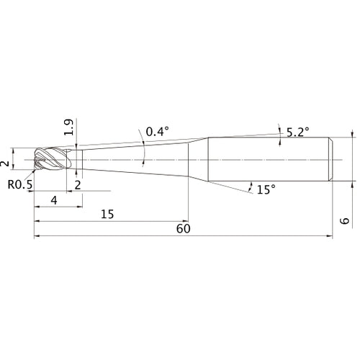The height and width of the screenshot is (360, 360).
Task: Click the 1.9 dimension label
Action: tap(68, 127)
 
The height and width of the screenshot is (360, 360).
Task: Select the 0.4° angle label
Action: tap(158, 132)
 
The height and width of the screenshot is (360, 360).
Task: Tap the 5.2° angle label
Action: tap(298, 132)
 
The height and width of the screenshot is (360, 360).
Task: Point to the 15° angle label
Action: tap(266, 189)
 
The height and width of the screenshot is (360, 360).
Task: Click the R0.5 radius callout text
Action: tap(20, 184)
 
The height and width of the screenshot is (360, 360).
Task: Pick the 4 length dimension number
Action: tap(54, 200)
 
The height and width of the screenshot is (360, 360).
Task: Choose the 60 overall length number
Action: tap(184, 229)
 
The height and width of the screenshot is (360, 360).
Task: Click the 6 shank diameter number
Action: tap(345, 220)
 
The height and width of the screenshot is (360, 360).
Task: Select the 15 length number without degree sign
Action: tap(107, 214)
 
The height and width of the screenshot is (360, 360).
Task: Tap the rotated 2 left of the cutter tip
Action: tap(5, 164)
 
